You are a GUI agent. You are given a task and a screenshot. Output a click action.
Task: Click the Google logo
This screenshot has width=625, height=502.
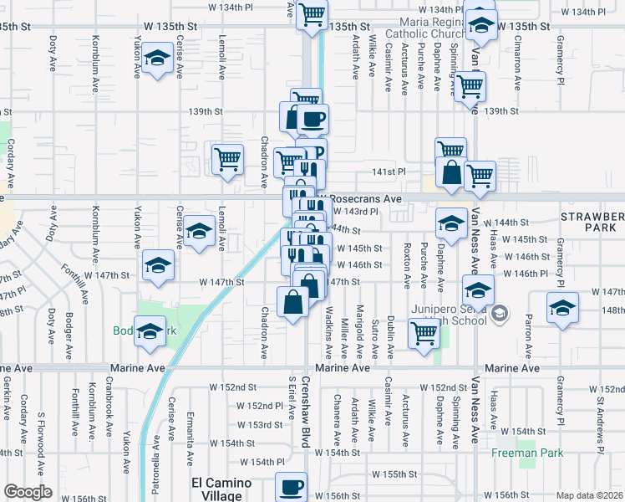(x=28, y=492)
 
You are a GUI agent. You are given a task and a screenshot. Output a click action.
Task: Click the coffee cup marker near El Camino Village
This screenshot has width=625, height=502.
(x=291, y=486)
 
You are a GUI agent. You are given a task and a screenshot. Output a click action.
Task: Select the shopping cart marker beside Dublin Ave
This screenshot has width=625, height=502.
(x=424, y=332)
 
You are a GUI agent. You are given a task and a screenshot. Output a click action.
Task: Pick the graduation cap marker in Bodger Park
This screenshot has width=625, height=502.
(x=150, y=331)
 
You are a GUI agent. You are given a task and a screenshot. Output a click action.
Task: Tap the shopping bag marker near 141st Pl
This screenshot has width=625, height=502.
(x=451, y=173)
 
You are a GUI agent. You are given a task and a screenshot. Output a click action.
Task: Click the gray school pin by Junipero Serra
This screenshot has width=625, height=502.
(x=500, y=314)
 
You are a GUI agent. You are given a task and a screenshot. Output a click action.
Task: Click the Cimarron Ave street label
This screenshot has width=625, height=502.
(x=517, y=64)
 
